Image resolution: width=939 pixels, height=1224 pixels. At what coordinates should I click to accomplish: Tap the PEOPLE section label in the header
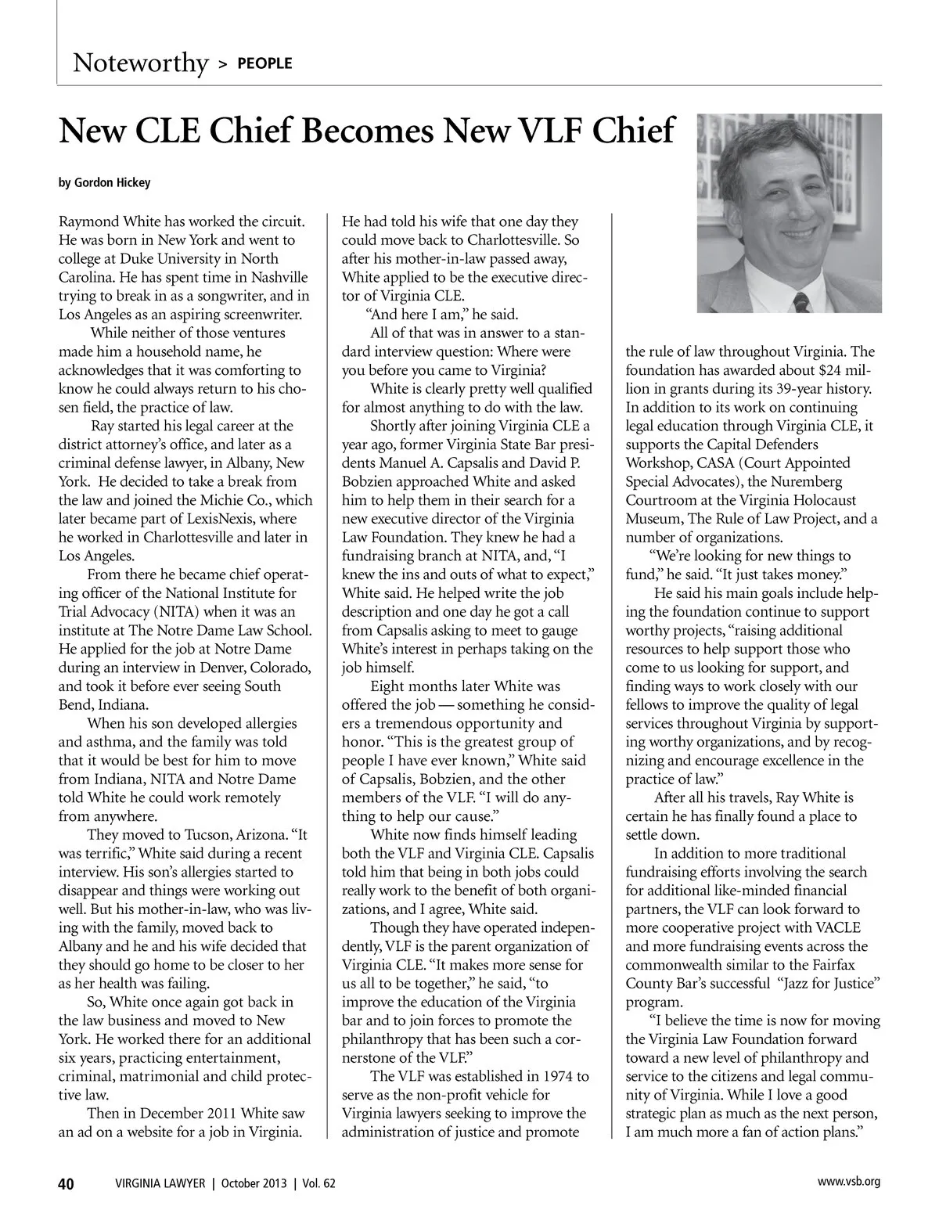264,63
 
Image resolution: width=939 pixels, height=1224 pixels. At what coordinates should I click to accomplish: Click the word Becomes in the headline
366,131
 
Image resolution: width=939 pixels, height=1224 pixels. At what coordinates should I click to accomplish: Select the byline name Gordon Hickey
112,183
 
